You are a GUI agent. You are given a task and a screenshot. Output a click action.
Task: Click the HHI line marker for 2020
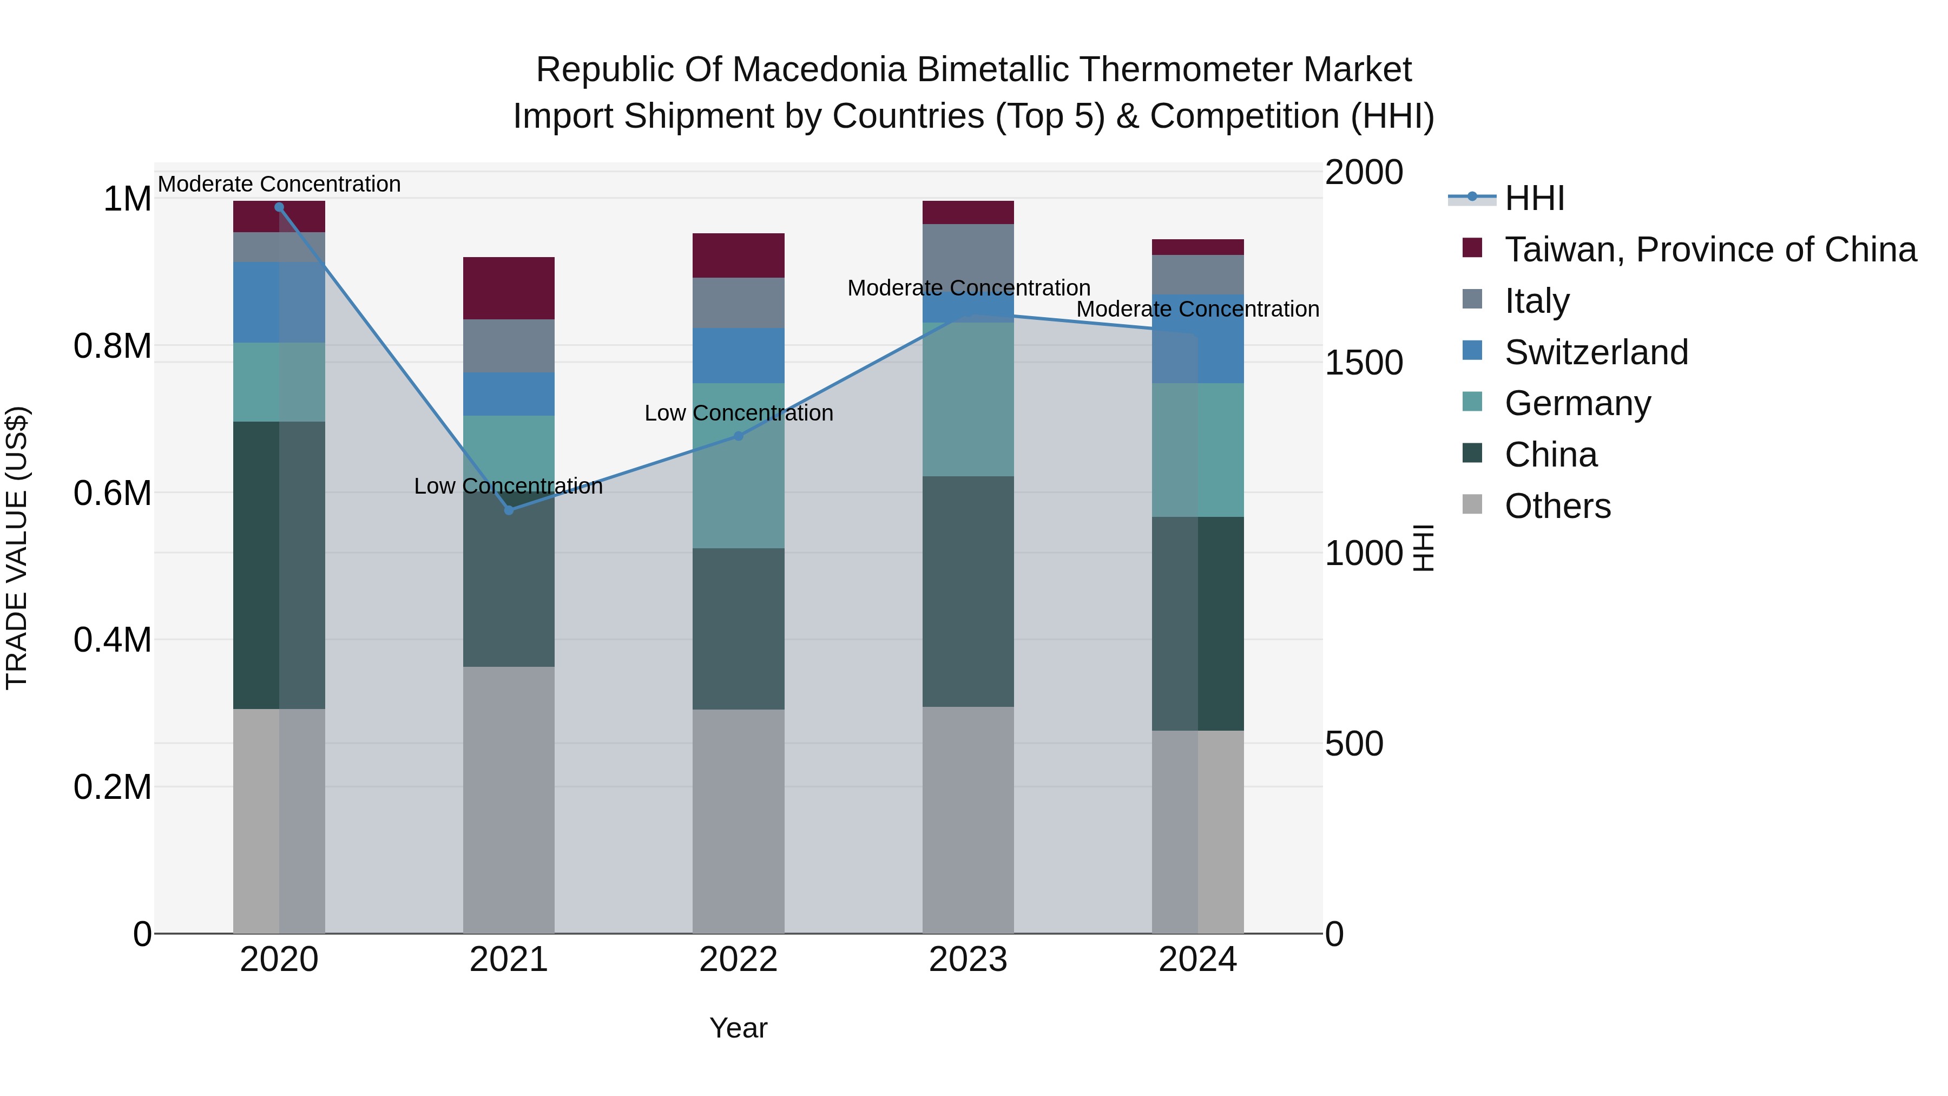[x=279, y=207]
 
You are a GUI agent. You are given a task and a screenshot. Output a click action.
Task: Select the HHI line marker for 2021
[x=509, y=510]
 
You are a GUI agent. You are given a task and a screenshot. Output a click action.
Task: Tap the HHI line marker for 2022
[x=739, y=436]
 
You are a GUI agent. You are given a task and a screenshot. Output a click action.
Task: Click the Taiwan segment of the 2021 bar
[x=509, y=288]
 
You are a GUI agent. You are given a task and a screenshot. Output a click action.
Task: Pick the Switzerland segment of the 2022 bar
[x=739, y=356]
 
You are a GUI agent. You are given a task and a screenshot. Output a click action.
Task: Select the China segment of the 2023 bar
[x=968, y=592]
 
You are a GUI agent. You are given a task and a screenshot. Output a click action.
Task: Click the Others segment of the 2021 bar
[x=509, y=799]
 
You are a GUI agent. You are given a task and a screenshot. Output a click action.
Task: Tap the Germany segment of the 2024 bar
[x=1198, y=450]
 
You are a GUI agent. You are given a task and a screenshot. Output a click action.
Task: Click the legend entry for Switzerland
[x=1596, y=352]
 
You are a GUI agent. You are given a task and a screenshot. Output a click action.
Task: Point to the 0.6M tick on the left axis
[x=113, y=493]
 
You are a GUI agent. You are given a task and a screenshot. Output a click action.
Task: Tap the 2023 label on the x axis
[x=968, y=960]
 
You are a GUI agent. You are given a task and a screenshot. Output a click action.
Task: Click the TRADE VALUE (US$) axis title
[x=17, y=548]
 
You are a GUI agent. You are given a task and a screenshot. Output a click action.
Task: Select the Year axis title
[x=738, y=1028]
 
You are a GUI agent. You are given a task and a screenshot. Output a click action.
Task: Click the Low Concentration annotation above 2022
[x=739, y=413]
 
